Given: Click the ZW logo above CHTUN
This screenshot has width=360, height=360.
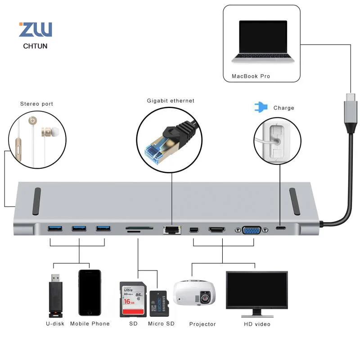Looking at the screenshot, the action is [x=36, y=29].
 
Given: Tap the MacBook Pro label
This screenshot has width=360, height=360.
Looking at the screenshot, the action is [x=251, y=76].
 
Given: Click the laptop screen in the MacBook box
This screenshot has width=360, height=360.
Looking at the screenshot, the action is [x=263, y=37].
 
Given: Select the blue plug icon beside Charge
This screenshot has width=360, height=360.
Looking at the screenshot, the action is [x=261, y=107].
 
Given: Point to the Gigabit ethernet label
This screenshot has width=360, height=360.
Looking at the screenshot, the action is [x=171, y=100].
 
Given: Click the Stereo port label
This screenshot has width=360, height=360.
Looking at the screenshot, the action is [x=37, y=104].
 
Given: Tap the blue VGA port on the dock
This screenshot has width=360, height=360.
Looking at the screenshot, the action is [x=252, y=230].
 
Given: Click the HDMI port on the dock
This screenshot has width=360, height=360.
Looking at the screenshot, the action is [x=217, y=229].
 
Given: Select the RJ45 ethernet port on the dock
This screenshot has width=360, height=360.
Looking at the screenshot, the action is [x=172, y=230].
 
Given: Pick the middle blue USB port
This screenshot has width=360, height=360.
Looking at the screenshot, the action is [x=79, y=228].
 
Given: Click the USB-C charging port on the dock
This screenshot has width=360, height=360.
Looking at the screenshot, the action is [x=281, y=228].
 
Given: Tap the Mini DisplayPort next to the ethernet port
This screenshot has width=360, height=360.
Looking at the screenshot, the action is [x=194, y=229].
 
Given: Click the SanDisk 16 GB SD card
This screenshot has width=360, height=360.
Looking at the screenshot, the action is [x=133, y=299].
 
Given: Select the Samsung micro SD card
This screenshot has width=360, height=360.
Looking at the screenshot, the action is [x=159, y=304].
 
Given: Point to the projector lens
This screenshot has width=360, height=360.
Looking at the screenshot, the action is [x=205, y=298].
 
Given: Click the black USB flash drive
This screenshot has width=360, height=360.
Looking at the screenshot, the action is [x=55, y=296].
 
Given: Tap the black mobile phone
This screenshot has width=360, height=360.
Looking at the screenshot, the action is [x=90, y=293].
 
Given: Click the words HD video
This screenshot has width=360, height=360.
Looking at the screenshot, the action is [x=257, y=324].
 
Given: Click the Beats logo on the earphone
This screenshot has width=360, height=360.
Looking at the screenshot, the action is [x=32, y=120].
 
